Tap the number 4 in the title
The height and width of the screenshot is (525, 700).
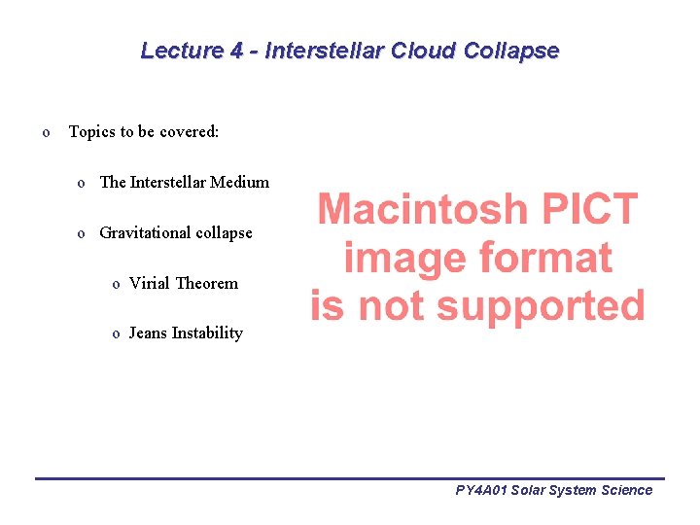point(236,51)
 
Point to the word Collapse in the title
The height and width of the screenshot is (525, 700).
point(511,51)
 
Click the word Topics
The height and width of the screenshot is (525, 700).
point(91,131)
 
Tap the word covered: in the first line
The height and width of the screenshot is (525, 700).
point(191,131)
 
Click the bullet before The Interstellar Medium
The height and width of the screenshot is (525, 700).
point(84,183)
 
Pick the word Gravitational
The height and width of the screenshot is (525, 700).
point(145,232)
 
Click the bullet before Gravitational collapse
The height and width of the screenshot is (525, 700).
point(84,233)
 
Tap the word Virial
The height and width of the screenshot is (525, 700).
point(150,283)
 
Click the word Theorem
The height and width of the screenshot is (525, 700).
point(206,283)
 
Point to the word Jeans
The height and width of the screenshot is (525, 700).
point(148,332)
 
